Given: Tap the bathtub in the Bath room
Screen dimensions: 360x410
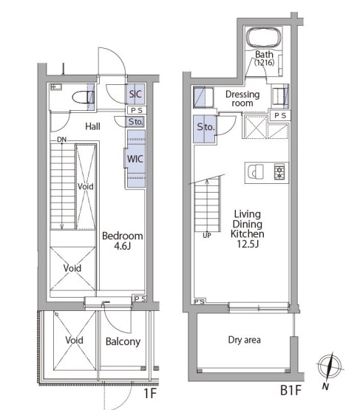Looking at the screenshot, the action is pos(264,38).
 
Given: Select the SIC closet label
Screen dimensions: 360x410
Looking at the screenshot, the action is pos(135,94).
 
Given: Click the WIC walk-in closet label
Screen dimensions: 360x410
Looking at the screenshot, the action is pos(135,159).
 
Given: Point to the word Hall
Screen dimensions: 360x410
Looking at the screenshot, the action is pos(92,126).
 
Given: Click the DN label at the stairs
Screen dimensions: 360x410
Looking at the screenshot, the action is pos(62,140).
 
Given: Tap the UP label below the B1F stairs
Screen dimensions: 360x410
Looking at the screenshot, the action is pos(207,236).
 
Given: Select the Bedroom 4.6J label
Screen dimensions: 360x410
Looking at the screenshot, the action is pos(123,241).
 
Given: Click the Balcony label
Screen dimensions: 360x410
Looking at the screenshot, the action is pos(123,342).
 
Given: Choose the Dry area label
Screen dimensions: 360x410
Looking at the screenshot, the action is pos(245,340).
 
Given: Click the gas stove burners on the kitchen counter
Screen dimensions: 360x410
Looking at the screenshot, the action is pos(279,172).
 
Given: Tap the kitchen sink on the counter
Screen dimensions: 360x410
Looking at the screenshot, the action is pos(255,172).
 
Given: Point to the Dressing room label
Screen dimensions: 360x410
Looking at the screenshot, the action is pos(242,98).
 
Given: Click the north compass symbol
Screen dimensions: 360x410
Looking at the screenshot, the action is pos(329,366).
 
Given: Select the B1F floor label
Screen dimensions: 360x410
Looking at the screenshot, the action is pos(291,391).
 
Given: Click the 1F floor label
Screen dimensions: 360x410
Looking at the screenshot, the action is pos(150,393).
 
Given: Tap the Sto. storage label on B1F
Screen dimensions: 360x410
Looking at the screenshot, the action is pos(206,127).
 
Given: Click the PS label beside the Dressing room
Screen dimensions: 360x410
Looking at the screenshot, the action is pos(280,115).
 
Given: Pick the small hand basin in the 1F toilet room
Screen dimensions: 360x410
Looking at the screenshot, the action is pos(55,87).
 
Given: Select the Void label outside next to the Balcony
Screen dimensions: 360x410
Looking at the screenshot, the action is pos(75,340).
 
